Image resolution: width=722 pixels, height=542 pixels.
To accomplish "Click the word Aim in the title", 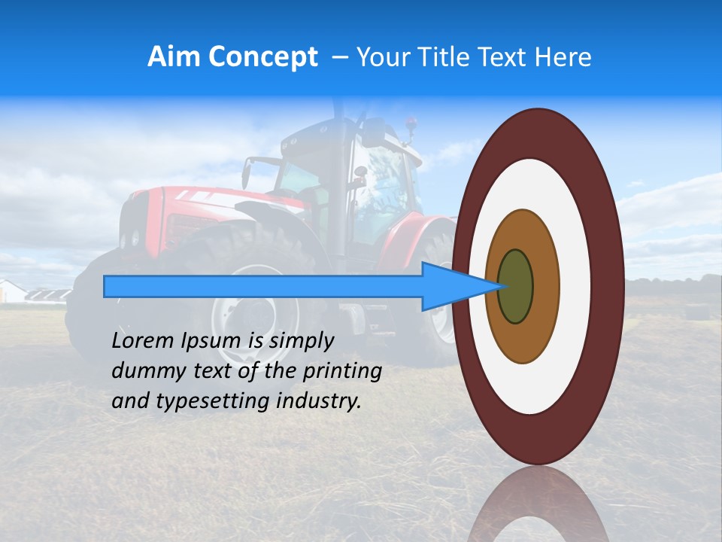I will (x=174, y=57).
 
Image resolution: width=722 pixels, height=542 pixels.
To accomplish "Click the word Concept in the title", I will (x=262, y=57).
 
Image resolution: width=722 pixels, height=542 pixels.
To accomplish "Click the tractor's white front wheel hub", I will (x=241, y=316).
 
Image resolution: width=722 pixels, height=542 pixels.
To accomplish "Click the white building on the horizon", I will (x=12, y=291).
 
